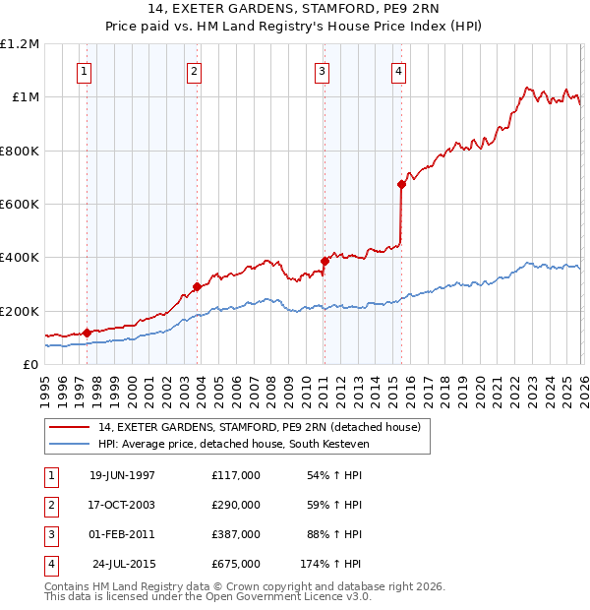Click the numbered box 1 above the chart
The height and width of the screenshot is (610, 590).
[84, 70]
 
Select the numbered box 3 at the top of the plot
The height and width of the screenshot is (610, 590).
[322, 70]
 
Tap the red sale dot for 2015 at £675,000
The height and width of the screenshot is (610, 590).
[401, 184]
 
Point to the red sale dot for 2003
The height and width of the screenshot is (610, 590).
[197, 287]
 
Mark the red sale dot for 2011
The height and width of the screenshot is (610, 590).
[324, 261]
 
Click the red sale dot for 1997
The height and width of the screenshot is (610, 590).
[87, 333]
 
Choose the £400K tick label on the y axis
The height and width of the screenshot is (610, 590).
[21, 258]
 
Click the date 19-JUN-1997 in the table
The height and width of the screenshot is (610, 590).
[122, 475]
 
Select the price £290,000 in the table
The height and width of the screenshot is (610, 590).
[235, 505]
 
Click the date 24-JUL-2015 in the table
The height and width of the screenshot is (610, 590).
[124, 565]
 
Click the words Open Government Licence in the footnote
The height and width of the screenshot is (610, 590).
[298, 596]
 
